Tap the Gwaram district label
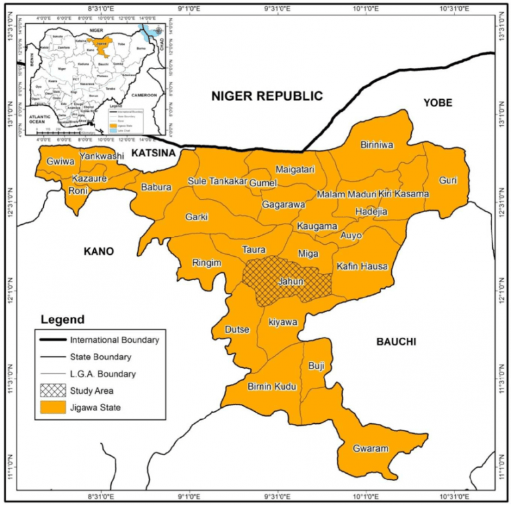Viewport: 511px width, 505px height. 371,448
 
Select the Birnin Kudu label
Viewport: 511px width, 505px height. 271,387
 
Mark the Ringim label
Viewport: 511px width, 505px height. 206,263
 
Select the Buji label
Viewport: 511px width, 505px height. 315,365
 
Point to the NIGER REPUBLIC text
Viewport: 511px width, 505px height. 267,96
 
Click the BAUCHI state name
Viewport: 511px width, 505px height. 396,342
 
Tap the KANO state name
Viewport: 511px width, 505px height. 99,252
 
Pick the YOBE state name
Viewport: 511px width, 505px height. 437,102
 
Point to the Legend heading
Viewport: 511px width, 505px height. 63,319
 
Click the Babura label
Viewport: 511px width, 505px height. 156,188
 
